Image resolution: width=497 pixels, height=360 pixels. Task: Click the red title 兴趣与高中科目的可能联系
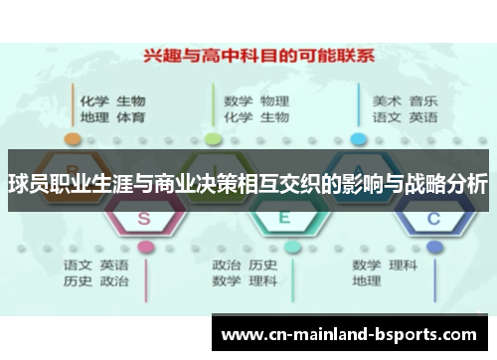pos(249,58)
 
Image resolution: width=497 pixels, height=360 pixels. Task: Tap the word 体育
pos(130,117)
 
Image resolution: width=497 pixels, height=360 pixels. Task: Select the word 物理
pos(274,100)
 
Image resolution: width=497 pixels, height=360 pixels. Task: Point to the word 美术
pos(387,100)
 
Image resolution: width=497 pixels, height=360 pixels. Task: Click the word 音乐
pos(422,100)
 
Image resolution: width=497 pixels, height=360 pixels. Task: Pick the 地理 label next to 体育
pos(94,117)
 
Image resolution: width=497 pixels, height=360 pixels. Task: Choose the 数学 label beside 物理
pos(239,100)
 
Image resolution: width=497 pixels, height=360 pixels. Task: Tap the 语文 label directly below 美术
pos(387,117)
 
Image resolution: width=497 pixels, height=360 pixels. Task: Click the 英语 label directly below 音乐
pos(422,117)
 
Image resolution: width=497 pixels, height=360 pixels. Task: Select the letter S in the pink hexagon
pos(144,217)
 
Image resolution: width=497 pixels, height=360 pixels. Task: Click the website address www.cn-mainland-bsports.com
pos(354,333)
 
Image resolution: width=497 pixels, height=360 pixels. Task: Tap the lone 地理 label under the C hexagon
pos(366,281)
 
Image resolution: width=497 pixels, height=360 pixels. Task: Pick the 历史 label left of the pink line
pos(79,281)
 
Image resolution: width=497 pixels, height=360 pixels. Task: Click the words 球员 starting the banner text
pos(25,183)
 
